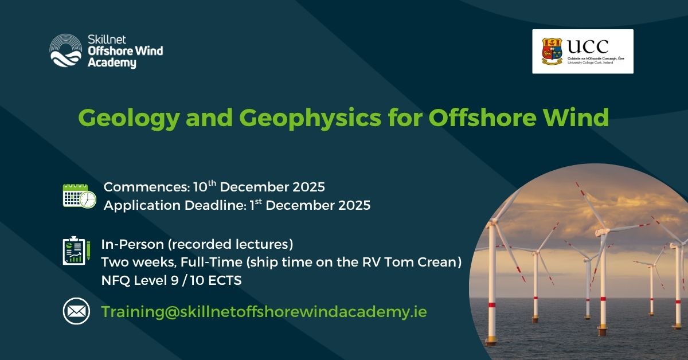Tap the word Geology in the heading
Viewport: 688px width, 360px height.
click(129, 119)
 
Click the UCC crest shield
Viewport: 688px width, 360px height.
click(552, 51)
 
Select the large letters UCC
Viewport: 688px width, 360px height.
click(588, 46)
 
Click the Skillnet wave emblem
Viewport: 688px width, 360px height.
click(66, 50)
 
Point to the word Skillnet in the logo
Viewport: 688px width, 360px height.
click(107, 40)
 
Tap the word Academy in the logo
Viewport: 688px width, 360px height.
click(112, 63)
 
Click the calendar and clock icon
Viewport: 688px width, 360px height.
click(80, 196)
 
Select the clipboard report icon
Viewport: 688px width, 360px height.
click(76, 251)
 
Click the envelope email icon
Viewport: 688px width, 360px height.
click(76, 311)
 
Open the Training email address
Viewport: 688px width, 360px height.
click(264, 312)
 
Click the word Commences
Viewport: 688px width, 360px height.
click(147, 187)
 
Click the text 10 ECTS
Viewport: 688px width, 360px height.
click(216, 280)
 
